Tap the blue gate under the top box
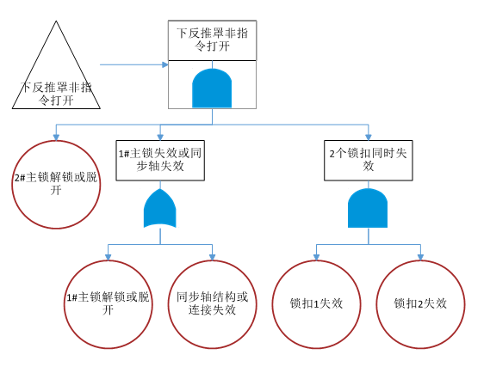211,88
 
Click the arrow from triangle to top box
133,64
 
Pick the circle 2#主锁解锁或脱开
57,184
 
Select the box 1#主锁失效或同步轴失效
161,159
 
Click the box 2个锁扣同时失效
369,159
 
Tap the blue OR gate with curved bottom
160,211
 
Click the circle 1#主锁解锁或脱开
109,303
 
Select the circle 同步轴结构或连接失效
212,303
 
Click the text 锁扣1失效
318,303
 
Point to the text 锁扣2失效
421,303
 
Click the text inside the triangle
57,93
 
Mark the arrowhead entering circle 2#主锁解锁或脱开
57,138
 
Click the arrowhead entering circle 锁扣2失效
421,257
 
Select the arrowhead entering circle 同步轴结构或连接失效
212,257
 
